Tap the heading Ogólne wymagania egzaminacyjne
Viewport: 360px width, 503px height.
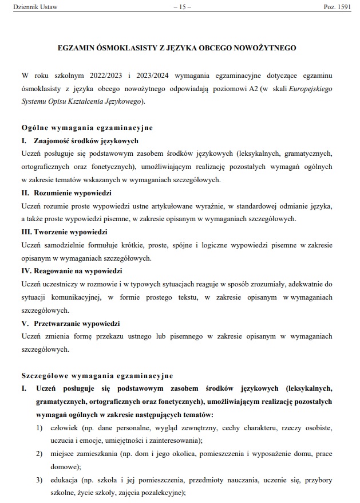coord(86,127)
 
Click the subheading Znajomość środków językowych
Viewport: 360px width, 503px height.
coord(86,140)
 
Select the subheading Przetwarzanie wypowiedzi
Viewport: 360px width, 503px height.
coord(76,323)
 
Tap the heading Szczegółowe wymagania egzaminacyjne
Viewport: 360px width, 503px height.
coord(97,376)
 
